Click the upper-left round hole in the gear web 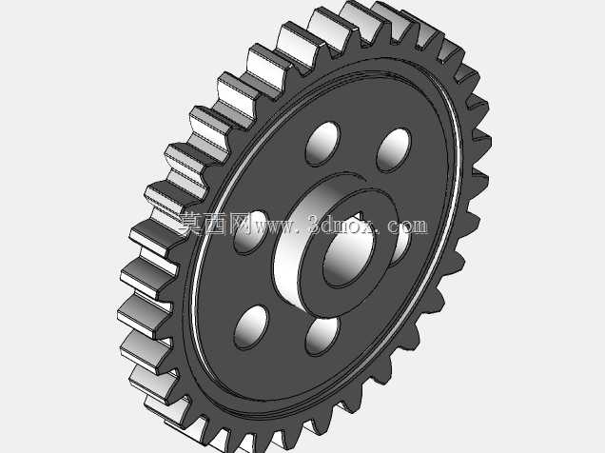pos(322,144)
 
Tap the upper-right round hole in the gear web pos(394,149)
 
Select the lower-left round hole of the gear pos(251,327)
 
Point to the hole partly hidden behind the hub pos(401,246)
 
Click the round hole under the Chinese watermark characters pos(251,232)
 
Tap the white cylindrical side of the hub pos(293,246)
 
